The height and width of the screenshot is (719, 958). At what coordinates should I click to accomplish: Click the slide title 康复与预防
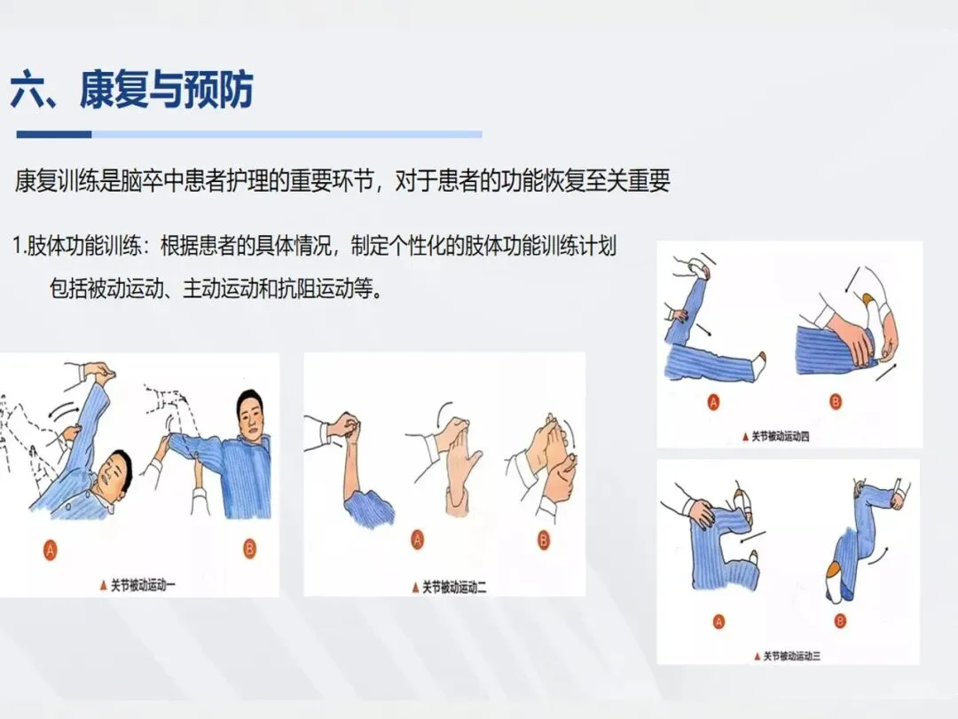pyautogui.click(x=166, y=90)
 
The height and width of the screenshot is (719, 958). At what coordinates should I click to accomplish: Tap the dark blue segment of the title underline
pyautogui.click(x=54, y=134)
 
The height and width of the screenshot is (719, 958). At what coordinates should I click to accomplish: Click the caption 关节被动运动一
pyautogui.click(x=142, y=585)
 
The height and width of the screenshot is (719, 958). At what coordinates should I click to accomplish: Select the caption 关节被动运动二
pyautogui.click(x=454, y=588)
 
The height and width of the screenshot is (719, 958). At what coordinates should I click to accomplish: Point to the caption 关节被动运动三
pyautogui.click(x=792, y=656)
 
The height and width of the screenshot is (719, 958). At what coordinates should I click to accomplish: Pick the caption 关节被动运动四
pyautogui.click(x=780, y=437)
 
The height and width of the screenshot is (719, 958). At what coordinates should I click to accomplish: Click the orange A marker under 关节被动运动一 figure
pyautogui.click(x=50, y=550)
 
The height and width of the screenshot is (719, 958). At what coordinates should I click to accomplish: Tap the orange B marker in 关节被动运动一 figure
pyautogui.click(x=249, y=549)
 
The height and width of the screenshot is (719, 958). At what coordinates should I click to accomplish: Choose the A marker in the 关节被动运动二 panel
pyautogui.click(x=417, y=540)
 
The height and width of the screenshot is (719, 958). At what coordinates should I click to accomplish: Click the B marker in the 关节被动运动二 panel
pyautogui.click(x=543, y=540)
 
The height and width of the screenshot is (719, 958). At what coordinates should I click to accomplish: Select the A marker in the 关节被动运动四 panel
pyautogui.click(x=713, y=402)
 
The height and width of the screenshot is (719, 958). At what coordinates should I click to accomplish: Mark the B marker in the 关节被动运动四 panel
pyautogui.click(x=836, y=402)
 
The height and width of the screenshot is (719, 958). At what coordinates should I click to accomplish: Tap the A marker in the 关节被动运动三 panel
pyautogui.click(x=719, y=622)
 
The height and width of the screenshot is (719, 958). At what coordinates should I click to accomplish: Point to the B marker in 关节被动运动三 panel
pyautogui.click(x=840, y=621)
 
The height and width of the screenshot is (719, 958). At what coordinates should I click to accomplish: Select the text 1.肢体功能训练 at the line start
pyautogui.click(x=76, y=247)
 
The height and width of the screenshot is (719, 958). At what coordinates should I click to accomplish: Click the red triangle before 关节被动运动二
pyautogui.click(x=415, y=589)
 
